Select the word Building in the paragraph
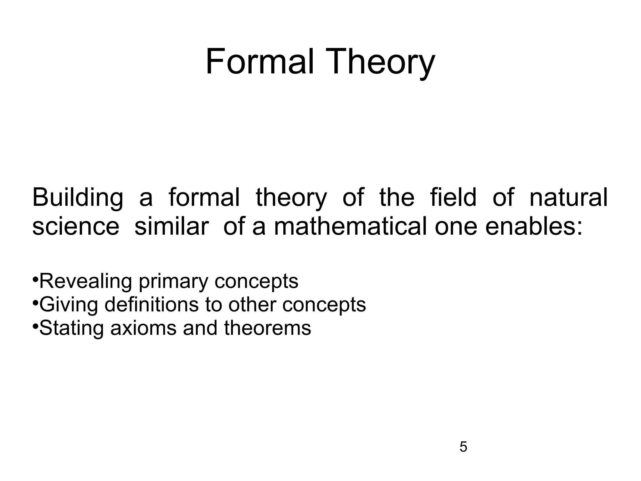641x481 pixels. coord(78,198)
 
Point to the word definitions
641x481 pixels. coord(151,304)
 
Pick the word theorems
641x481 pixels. coord(268,328)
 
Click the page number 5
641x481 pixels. coord(463,447)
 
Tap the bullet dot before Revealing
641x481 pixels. coord(35,279)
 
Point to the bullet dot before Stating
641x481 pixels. coord(35,326)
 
